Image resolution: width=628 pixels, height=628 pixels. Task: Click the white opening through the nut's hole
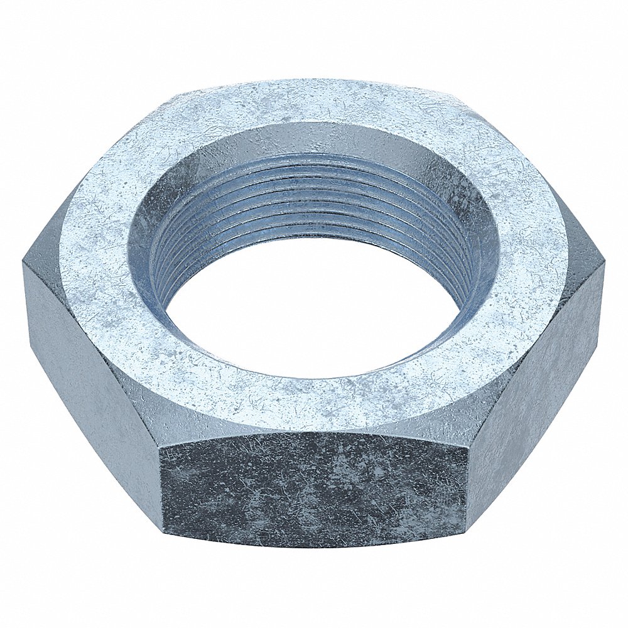coord(314,314)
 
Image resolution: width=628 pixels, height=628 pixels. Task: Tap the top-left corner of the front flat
coord(161,447)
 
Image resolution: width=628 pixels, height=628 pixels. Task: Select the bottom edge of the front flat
coord(314,547)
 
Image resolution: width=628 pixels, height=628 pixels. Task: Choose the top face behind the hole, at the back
coord(314,100)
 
